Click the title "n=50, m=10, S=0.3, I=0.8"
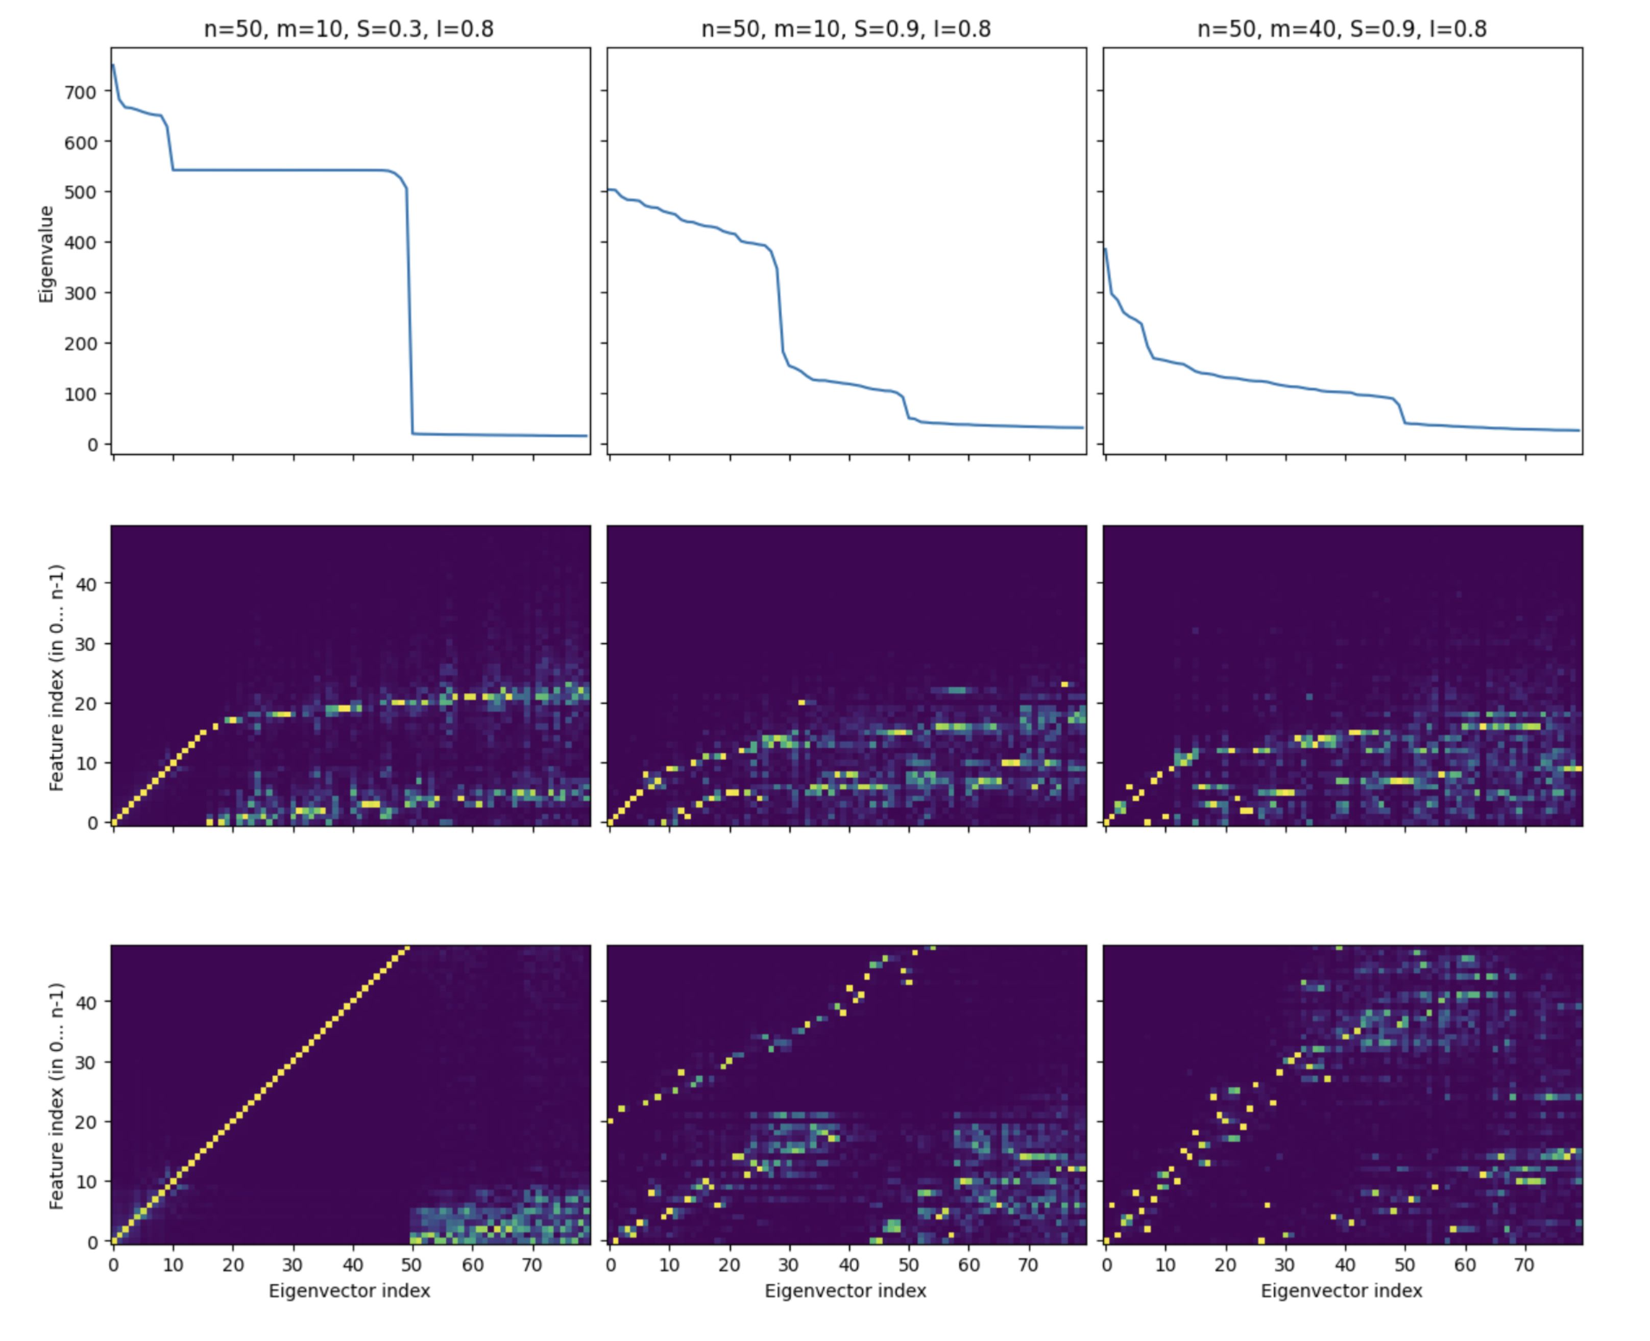[x=349, y=30]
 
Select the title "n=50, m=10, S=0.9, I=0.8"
[x=845, y=30]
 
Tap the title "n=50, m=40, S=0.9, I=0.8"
[x=1342, y=30]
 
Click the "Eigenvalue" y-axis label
[x=46, y=254]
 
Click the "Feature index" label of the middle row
[x=56, y=678]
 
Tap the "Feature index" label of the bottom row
[x=56, y=1096]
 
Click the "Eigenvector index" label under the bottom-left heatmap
[x=349, y=1291]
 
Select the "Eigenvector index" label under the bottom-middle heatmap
[x=845, y=1291]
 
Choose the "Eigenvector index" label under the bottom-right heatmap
[x=1342, y=1291]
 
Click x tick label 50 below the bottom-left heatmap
[x=412, y=1265]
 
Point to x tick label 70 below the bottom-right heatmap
[x=1525, y=1265]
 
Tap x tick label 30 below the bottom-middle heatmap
[x=789, y=1265]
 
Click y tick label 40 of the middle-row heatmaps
[x=87, y=584]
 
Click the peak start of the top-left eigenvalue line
[x=114, y=65]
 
